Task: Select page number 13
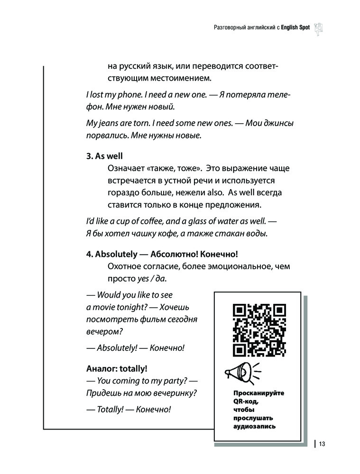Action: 322,444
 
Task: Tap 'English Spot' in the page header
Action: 295,28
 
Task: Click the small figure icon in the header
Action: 318,28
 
